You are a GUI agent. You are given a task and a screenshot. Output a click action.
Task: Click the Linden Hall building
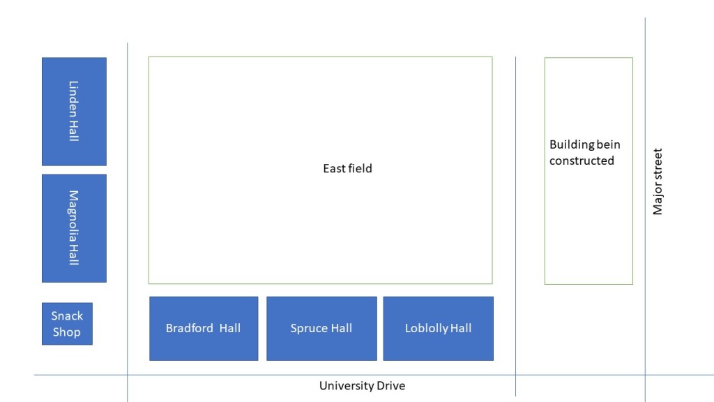point(74,111)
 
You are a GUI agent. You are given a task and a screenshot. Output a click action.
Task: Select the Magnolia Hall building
point(74,228)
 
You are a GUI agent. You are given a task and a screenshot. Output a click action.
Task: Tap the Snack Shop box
point(67,324)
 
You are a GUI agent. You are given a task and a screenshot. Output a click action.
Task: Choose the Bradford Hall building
point(203,328)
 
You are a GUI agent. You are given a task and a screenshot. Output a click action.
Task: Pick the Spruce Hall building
point(321,328)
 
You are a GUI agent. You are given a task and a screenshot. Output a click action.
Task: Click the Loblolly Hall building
point(438,328)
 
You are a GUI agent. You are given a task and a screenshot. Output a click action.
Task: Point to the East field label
point(347,168)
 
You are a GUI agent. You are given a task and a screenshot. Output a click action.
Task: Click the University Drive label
point(362,386)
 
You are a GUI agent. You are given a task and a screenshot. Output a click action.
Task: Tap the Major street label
point(658,181)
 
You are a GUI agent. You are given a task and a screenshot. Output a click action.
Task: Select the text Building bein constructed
point(584,152)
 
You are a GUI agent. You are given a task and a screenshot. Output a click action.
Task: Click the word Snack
point(67,316)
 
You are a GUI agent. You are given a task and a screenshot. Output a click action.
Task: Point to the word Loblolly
point(427,328)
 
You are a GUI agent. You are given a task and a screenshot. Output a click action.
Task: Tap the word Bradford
point(190,328)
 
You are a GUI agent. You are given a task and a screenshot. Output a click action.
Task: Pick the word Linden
point(74,100)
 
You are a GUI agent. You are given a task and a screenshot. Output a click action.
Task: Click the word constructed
point(582,161)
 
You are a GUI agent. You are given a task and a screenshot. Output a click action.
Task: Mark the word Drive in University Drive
point(390,386)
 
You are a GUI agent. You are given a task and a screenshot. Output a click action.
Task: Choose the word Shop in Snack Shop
point(67,332)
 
